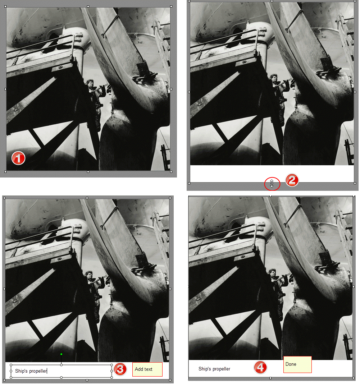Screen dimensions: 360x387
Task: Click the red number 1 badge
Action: coord(18,158)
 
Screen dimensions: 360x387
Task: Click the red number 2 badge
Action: coord(292,180)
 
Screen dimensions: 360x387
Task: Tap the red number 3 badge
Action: coord(120,369)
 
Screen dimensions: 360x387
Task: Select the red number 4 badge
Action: coord(260,368)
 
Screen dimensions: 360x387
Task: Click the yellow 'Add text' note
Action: coord(147,369)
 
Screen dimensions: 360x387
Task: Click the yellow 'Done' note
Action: coord(297,364)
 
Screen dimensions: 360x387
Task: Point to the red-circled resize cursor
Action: coord(272,183)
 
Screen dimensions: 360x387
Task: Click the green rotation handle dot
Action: coord(61,354)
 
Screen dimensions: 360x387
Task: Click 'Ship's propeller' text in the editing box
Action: coord(31,371)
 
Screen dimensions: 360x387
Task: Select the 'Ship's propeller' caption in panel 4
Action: coord(214,369)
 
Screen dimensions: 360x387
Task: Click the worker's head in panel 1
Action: coord(90,82)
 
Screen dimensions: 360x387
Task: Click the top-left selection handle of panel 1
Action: coord(5,7)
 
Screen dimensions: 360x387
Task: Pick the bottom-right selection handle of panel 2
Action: coord(355,183)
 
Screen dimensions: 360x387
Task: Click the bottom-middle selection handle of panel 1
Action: coord(88,171)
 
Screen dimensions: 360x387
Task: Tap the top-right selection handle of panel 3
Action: coord(170,198)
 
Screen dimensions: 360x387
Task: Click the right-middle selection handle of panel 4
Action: coord(354,287)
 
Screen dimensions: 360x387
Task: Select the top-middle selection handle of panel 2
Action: coord(272,1)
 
